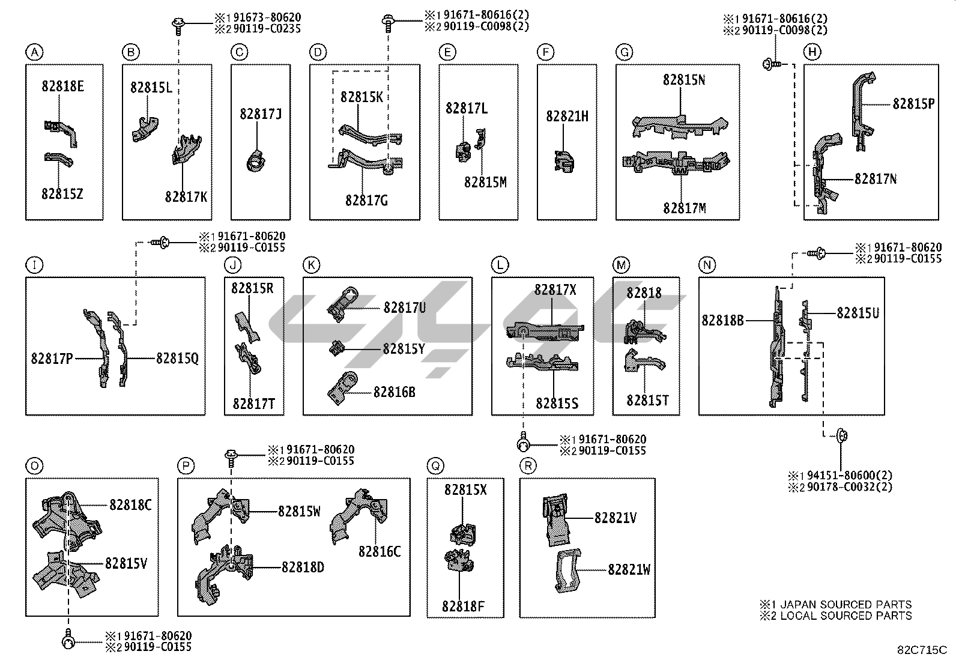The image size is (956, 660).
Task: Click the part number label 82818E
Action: (62, 86)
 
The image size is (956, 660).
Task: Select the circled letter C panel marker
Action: (239, 53)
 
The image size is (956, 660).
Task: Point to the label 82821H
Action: (567, 117)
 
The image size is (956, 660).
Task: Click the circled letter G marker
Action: (625, 53)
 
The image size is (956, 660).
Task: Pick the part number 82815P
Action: (913, 103)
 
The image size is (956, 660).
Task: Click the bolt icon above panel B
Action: (178, 24)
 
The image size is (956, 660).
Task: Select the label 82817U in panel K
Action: (404, 308)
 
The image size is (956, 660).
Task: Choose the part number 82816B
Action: (394, 392)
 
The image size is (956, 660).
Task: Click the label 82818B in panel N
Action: (722, 320)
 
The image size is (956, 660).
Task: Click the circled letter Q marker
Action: (435, 465)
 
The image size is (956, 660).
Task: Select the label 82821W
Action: (629, 569)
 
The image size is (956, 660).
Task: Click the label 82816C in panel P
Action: (379, 551)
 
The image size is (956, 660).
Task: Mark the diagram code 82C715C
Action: (922, 650)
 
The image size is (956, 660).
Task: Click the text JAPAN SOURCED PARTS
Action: (846, 604)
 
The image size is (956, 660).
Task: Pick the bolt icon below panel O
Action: (68, 641)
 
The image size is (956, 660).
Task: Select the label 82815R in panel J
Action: (252, 288)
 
